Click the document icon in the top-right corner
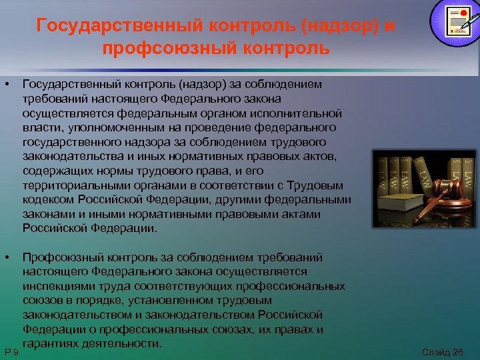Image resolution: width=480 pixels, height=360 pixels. click(454, 21)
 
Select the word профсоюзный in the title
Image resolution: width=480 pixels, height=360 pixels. click(171, 49)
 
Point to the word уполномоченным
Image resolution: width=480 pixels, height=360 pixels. click(102, 127)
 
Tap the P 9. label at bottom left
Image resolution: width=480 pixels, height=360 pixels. click(11, 351)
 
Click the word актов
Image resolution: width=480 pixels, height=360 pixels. click(323, 156)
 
